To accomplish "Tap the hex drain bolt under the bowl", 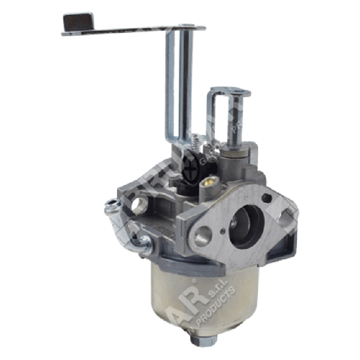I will (199, 340).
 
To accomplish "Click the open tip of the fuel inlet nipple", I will (110, 208).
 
